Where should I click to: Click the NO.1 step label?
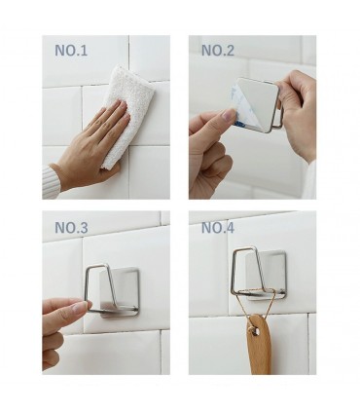pyautogui.click(x=71, y=51)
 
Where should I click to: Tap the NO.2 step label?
pyautogui.click(x=218, y=51)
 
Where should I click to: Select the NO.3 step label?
pyautogui.click(x=71, y=228)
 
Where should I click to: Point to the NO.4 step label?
pyautogui.click(x=218, y=228)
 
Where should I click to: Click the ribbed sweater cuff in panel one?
pyautogui.click(x=51, y=182)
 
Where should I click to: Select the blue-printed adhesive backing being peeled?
pyautogui.click(x=240, y=105)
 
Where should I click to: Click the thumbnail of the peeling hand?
pyautogui.click(x=229, y=114)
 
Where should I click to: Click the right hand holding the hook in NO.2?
pyautogui.click(x=298, y=114)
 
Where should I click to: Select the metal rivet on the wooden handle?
pyautogui.click(x=255, y=330)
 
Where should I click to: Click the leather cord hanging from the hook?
pyautogui.click(x=251, y=309)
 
